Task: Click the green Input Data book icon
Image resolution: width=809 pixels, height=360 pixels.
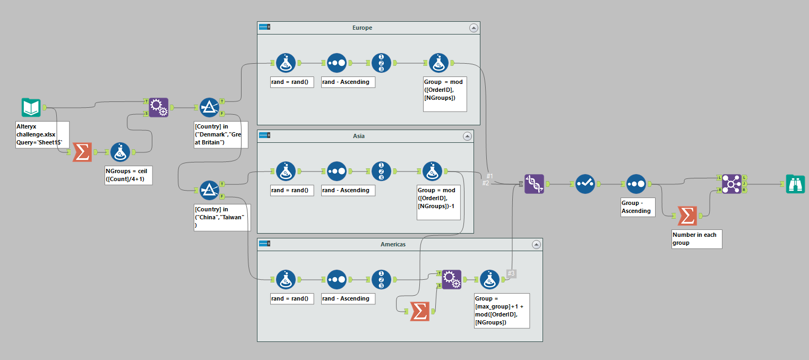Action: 31,107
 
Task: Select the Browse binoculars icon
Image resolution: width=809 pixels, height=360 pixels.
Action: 795,184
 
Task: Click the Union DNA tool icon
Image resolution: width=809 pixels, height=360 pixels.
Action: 534,184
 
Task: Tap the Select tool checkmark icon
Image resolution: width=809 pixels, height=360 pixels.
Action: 585,184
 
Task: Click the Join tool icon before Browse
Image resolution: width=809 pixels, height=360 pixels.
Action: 731,184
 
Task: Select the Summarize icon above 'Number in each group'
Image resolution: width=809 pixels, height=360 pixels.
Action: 687,216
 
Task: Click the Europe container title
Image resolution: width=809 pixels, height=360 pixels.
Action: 362,28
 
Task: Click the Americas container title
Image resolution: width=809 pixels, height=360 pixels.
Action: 393,244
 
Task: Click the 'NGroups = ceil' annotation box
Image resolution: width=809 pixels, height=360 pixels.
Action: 128,175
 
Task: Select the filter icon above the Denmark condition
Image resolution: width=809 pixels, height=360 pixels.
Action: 209,107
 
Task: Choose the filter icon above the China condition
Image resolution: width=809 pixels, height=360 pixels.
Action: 209,190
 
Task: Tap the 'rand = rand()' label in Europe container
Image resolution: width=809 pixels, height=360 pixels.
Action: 291,82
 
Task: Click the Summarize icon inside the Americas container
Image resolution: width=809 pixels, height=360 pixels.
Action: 419,311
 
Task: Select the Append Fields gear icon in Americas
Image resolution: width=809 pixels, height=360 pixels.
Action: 451,279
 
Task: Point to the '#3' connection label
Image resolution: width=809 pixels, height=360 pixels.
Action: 511,274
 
